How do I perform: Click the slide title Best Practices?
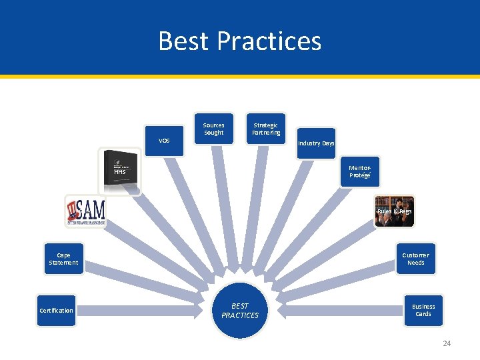click(x=239, y=41)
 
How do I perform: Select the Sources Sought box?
click(x=213, y=129)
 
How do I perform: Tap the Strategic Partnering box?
click(x=265, y=129)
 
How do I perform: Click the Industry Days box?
click(x=316, y=143)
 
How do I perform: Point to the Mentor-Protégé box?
click(x=359, y=172)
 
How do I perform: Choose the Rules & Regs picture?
click(x=394, y=211)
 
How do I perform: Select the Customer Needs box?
click(x=415, y=259)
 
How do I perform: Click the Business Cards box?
click(x=423, y=310)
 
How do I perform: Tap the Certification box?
click(x=57, y=311)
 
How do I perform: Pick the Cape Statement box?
click(x=63, y=259)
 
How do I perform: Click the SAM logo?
click(x=85, y=211)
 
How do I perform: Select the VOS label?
click(x=164, y=141)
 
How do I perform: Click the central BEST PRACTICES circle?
click(x=239, y=311)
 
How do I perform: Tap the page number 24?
click(x=447, y=343)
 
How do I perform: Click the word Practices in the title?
click(x=273, y=41)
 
